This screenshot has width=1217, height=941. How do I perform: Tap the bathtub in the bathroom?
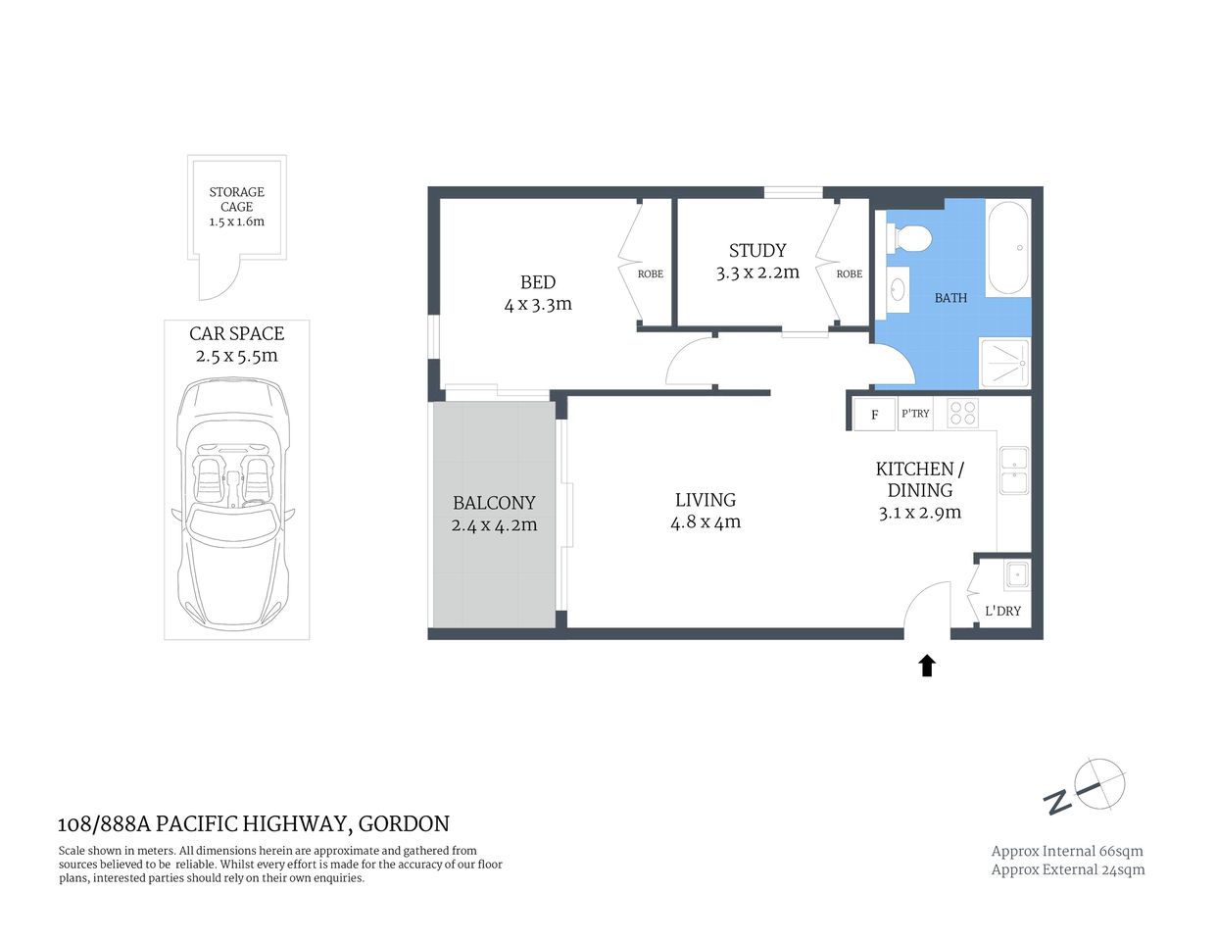1007,248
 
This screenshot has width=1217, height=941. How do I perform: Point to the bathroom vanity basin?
898,290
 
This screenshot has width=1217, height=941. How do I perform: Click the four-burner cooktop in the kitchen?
962,414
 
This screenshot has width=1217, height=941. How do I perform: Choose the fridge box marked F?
874,415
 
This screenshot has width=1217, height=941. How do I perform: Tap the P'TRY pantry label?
915,414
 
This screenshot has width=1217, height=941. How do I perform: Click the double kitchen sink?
1013,470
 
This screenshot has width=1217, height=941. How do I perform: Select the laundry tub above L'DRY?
1016,574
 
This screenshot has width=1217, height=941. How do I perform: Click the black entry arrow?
926,667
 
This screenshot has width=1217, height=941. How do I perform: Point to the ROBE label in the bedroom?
651,274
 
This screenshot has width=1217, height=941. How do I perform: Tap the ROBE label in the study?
850,274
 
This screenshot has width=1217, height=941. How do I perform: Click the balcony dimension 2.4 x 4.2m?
494,525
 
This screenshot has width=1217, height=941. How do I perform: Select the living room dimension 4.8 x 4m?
706,522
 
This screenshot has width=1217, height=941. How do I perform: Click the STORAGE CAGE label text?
236,199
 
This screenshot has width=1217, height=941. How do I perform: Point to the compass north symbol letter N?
1057,803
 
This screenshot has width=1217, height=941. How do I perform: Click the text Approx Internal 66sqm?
1067,851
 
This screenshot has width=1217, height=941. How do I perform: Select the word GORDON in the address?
404,824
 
